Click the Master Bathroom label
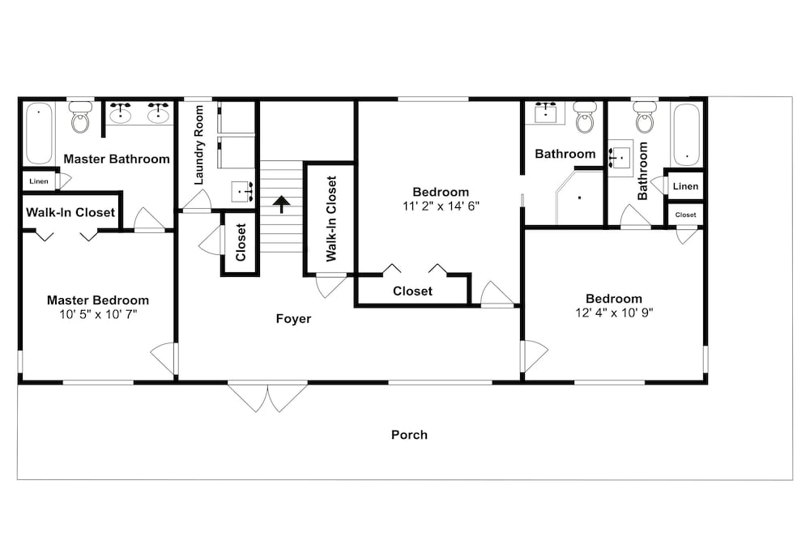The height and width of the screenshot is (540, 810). coord(117,159)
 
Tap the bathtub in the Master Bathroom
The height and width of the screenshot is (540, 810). coord(39,134)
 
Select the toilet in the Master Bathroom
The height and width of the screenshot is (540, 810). coord(80,117)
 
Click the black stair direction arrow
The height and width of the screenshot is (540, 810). coord(282,205)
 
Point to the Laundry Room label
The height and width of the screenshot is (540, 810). coord(199,145)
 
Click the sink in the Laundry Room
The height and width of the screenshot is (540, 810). coord(241,192)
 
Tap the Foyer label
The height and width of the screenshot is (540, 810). coord(293,319)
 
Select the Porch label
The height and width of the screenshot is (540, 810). coord(409,435)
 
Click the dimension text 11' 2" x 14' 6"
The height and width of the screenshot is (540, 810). coord(441,206)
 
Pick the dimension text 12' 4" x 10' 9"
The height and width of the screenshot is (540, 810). coord(614,313)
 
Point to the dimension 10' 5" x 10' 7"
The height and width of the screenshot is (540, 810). coord(98,314)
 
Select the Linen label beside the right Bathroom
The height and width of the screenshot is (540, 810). coord(685,186)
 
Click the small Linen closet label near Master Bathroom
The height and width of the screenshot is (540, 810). coord(39,181)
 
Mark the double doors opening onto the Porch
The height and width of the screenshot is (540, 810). coord(268,398)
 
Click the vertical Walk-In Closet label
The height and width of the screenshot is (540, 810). coord(331,219)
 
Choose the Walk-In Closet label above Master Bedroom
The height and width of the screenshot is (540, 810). coord(70,213)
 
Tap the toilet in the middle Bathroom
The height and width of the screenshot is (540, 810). coord(585,117)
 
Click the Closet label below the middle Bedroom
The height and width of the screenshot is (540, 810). coord(413,291)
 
